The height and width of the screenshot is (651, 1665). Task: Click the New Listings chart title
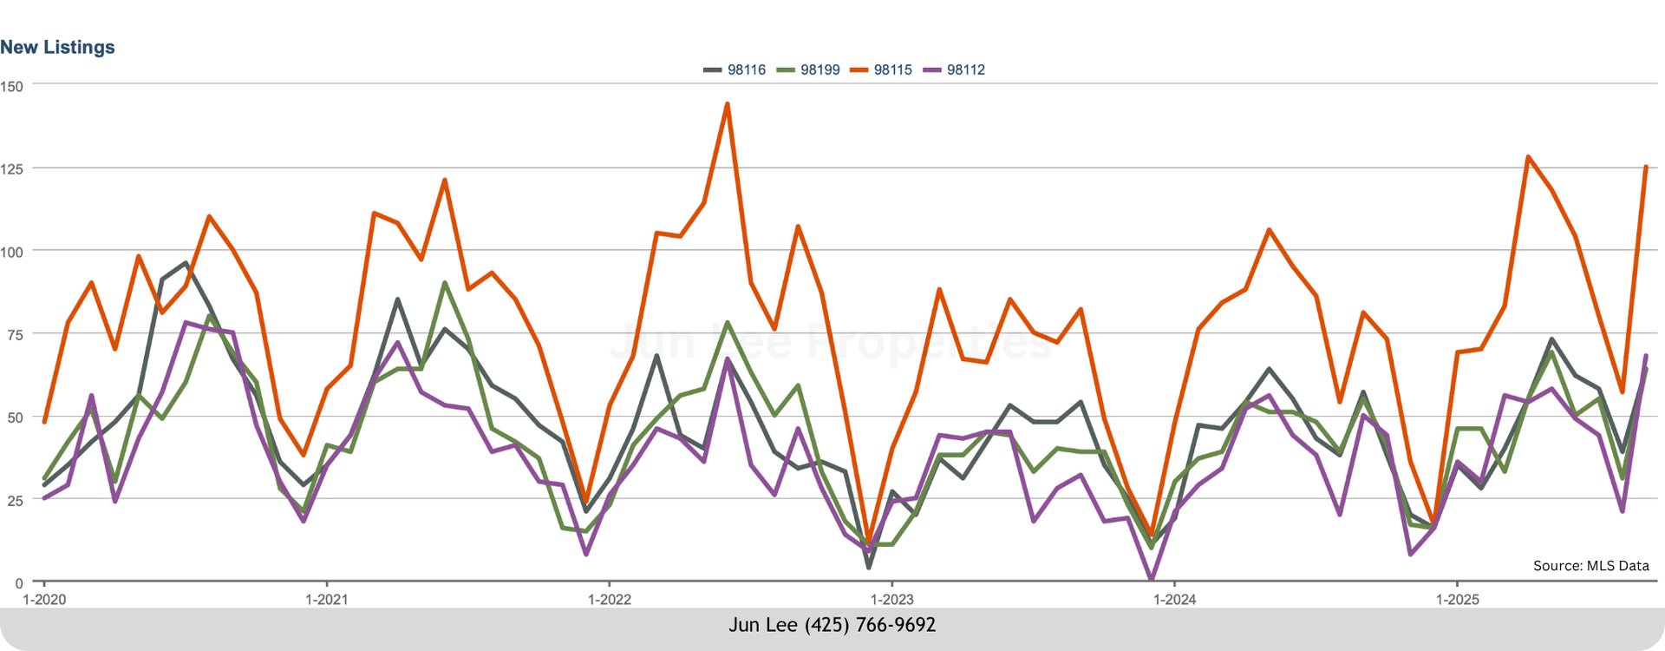pos(57,48)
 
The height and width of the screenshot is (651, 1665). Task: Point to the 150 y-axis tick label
pos(12,86)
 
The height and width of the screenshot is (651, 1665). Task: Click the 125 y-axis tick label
pos(12,168)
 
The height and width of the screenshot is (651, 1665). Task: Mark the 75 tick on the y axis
pos(12,334)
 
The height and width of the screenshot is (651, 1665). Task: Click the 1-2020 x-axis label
pos(44,600)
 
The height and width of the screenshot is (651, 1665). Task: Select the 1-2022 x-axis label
pos(609,600)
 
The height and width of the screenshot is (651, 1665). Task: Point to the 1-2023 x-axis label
pos(891,600)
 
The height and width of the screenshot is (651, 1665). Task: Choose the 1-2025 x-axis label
pos(1457,600)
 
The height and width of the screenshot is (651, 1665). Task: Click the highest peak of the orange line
pos(727,104)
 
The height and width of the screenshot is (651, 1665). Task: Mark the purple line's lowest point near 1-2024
pos(1151,578)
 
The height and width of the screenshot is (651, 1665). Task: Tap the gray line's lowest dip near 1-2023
pos(869,568)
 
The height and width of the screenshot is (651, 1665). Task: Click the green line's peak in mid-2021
pos(445,283)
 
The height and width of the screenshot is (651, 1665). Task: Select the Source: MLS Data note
pos(1590,566)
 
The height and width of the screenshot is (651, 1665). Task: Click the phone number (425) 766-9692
pos(870,625)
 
